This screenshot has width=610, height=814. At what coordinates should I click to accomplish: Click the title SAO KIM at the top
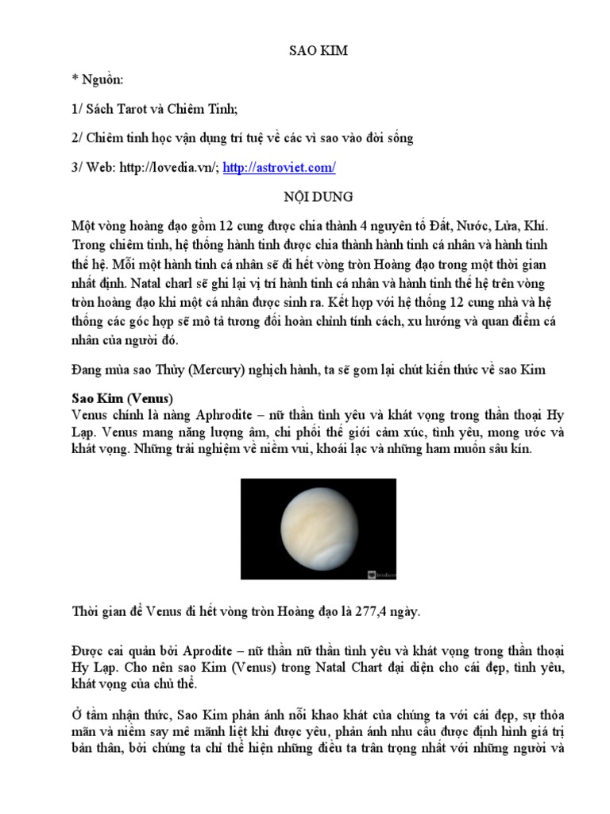(x=305, y=52)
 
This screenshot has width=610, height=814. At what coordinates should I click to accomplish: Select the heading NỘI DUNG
(x=305, y=196)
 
